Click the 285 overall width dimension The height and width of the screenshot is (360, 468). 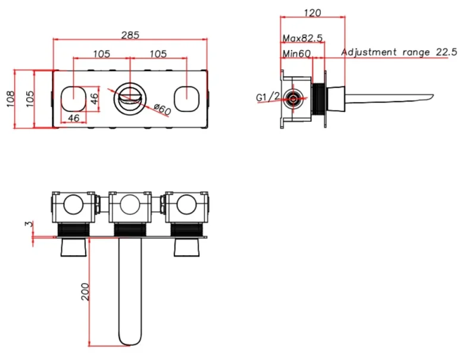tap(130, 35)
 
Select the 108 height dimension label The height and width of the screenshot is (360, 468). tap(10, 98)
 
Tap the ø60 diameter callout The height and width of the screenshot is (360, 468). tap(161, 110)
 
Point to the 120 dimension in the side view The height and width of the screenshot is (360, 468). tap(312, 13)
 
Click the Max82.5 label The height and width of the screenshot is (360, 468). tap(302, 38)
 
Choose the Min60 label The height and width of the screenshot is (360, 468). tap(298, 54)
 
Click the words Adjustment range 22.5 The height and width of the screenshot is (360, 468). tap(398, 52)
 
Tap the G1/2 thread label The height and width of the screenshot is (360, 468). tap(268, 97)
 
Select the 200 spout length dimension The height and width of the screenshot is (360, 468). tap(85, 291)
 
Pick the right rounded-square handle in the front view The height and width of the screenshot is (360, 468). tap(186, 97)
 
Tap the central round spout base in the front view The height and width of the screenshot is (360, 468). tap(130, 97)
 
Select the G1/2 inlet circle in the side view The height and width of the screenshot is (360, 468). tap(293, 98)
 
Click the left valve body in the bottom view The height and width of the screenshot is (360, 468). tap(74, 207)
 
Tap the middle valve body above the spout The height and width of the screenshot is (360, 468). tap(130, 207)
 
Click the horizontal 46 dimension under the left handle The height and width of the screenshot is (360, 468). tap(74, 118)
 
